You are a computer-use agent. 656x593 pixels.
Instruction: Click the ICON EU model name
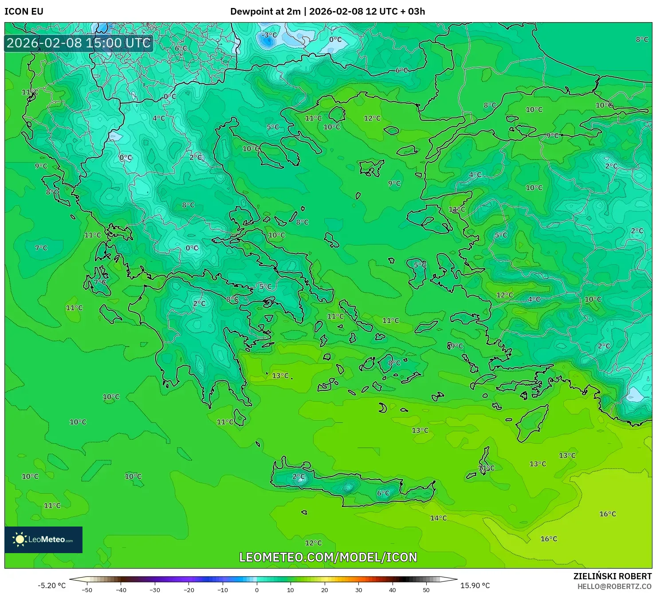click(24, 12)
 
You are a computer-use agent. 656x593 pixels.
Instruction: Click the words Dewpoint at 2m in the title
click(265, 12)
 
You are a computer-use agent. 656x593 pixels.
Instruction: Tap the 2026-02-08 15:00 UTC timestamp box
click(79, 43)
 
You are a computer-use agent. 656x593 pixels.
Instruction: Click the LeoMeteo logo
click(43, 539)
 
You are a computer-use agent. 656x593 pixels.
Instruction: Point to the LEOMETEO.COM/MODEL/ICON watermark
click(328, 557)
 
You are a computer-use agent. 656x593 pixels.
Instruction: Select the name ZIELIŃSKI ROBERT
click(612, 576)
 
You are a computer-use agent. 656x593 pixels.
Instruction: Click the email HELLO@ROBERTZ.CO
click(614, 586)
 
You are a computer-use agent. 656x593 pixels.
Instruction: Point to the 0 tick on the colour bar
click(257, 589)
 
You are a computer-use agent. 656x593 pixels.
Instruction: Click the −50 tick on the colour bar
click(87, 589)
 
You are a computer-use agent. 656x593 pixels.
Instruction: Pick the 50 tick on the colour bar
click(426, 589)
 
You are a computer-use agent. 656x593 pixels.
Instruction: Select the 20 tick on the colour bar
click(325, 589)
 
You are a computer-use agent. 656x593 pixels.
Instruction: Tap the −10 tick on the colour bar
click(223, 589)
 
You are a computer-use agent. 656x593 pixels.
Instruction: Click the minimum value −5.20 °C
click(51, 585)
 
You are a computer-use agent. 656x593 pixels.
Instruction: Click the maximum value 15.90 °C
click(475, 585)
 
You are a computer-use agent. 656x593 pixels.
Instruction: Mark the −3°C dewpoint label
click(269, 35)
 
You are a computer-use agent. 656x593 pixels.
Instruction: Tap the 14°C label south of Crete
click(438, 518)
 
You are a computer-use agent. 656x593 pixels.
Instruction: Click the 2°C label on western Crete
click(299, 477)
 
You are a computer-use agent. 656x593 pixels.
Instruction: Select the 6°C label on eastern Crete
click(383, 493)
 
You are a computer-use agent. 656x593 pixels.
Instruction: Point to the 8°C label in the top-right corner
click(642, 39)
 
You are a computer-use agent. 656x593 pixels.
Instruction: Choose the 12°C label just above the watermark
click(313, 543)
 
